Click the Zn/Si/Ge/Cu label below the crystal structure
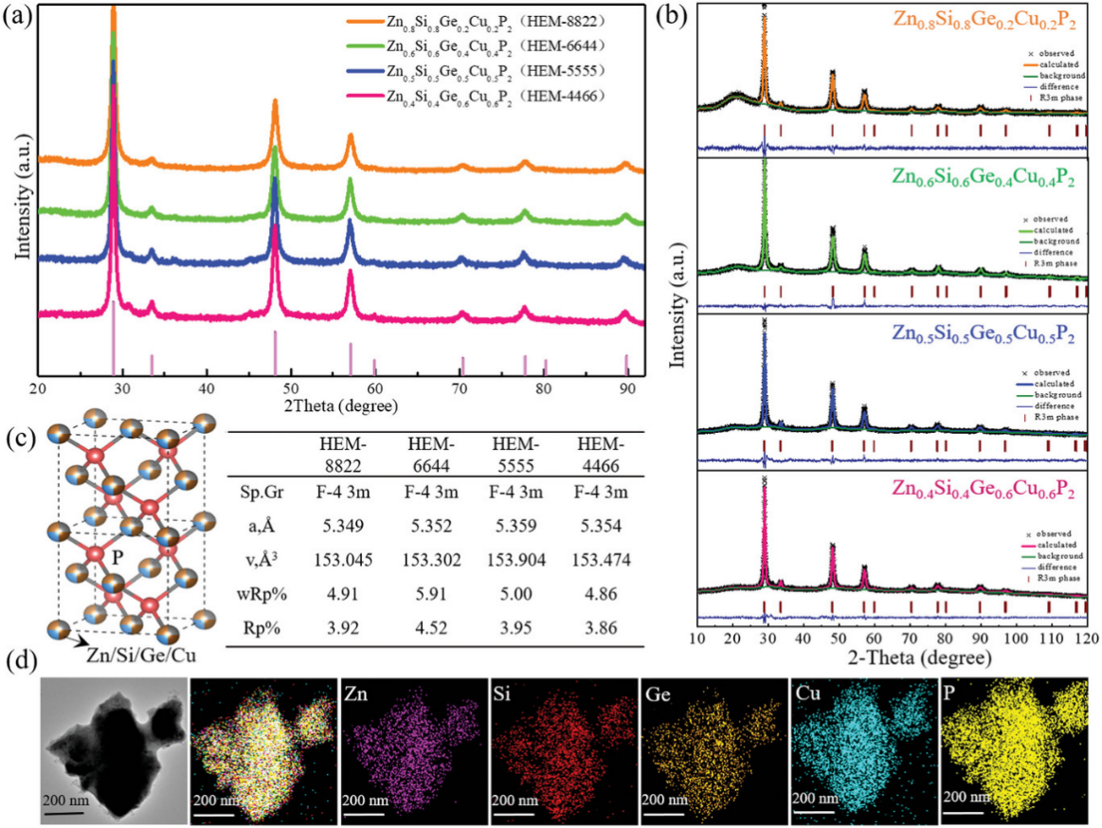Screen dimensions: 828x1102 tap(135, 655)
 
